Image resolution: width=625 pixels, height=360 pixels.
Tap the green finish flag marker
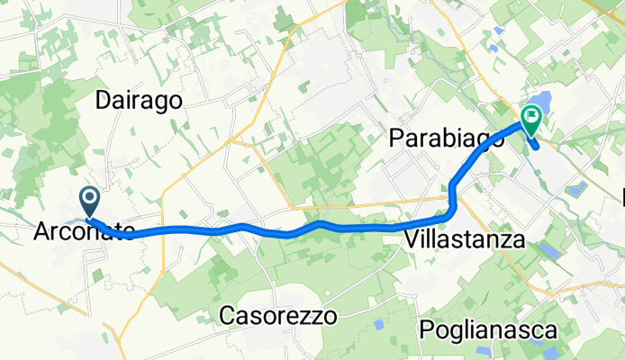pyautogui.click(x=530, y=117)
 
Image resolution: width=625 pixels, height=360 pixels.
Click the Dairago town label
pyautogui.click(x=140, y=100)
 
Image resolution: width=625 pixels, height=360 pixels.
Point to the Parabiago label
pyautogui.click(x=440, y=139)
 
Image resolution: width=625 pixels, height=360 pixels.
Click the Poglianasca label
pyautogui.click(x=488, y=329)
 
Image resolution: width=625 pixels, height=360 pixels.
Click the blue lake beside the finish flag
pyautogui.click(x=541, y=103)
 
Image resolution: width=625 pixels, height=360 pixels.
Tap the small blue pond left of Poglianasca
pyautogui.click(x=378, y=323)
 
